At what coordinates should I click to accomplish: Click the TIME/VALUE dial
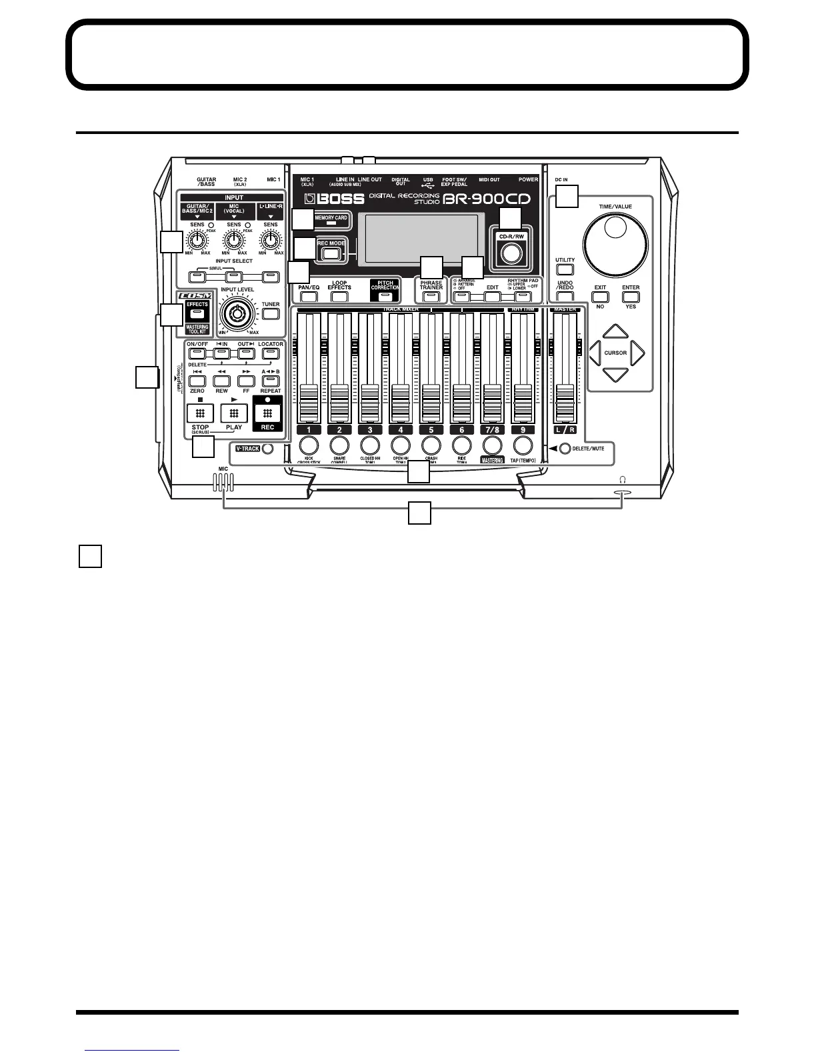click(x=615, y=243)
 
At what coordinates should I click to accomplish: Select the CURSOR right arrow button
click(x=637, y=353)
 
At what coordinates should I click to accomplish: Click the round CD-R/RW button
click(x=511, y=253)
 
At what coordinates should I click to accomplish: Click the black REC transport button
click(x=267, y=413)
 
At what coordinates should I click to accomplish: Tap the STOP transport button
click(x=200, y=413)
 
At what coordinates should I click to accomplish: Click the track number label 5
click(x=431, y=429)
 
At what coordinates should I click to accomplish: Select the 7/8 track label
click(x=492, y=429)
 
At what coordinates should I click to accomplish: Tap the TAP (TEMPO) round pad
click(x=523, y=445)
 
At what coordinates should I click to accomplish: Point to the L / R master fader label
click(x=565, y=429)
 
